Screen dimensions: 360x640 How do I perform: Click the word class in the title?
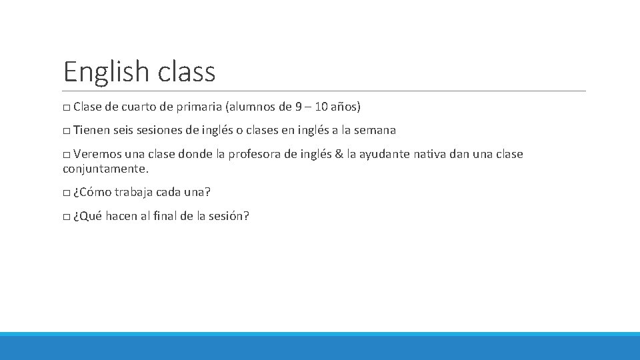tap(187, 71)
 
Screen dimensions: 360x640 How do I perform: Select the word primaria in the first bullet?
tap(199, 107)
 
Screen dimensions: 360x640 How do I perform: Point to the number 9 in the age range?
tap(298, 107)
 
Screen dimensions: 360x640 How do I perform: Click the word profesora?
tap(256, 155)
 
